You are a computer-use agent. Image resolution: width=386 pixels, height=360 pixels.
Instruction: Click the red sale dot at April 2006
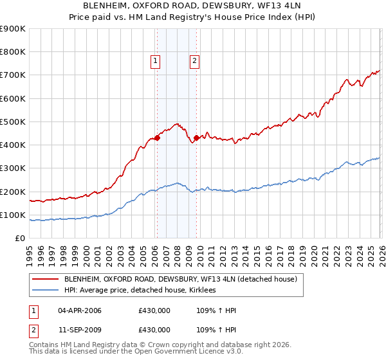click(x=156, y=138)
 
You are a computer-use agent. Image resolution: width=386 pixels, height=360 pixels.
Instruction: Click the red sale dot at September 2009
click(x=196, y=137)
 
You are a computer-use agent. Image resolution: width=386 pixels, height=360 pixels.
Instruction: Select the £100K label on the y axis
click(x=13, y=215)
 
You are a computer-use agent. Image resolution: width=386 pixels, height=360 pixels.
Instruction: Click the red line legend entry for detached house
click(x=180, y=279)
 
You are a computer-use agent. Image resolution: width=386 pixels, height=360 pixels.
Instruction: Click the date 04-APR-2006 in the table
click(x=80, y=310)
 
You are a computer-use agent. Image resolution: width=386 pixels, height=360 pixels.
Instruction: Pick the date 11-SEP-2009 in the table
click(x=79, y=329)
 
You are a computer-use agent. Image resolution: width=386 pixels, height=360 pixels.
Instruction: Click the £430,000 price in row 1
click(x=154, y=310)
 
